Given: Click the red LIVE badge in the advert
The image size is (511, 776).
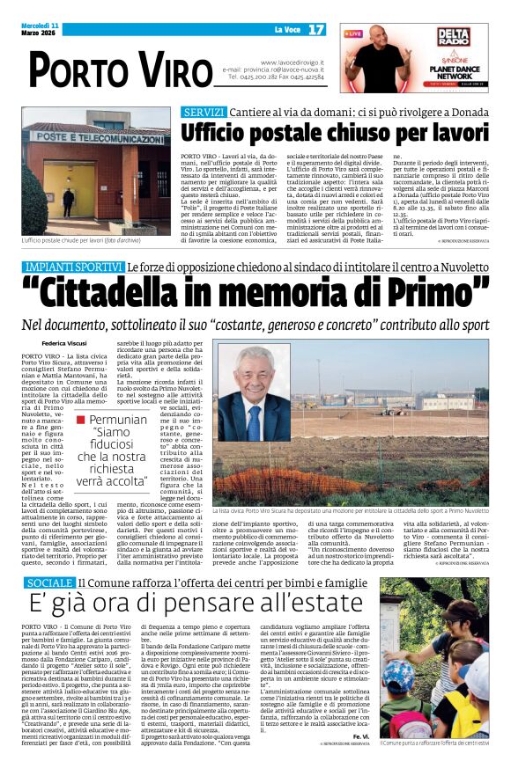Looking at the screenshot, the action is [x=353, y=33].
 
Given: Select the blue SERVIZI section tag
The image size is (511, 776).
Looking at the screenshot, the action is [x=204, y=113].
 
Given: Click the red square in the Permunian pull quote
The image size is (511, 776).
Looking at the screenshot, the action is [x=81, y=420].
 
